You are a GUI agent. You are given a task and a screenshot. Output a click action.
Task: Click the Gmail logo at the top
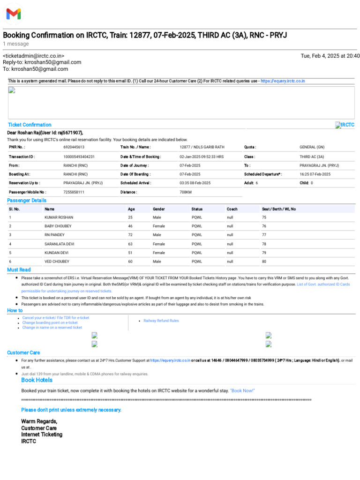click(x=13, y=14)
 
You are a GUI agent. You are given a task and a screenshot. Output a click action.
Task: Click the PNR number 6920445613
click(x=74, y=147)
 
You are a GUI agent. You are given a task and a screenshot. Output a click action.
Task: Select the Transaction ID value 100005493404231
click(x=79, y=157)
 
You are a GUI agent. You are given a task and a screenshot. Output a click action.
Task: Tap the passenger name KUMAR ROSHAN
click(x=59, y=217)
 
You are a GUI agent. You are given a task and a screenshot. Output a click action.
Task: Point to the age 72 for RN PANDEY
click(x=131, y=235)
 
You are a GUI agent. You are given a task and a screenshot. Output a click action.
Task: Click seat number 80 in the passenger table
click(x=264, y=261)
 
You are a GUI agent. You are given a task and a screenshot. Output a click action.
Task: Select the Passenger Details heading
click(x=27, y=201)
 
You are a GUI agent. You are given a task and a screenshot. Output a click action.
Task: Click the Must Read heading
click(x=19, y=270)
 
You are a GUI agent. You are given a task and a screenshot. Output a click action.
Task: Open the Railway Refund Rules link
click(x=161, y=321)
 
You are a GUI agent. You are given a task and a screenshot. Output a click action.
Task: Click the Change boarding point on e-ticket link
click(x=50, y=322)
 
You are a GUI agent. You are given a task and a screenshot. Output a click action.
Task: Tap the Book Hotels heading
click(x=37, y=380)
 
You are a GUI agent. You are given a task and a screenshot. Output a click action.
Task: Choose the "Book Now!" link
click(x=242, y=390)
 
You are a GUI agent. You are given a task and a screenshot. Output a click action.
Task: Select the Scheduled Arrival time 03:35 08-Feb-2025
click(x=195, y=183)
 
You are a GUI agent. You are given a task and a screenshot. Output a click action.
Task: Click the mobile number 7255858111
click(x=74, y=192)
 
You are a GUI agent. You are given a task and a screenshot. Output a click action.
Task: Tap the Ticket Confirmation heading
click(x=30, y=125)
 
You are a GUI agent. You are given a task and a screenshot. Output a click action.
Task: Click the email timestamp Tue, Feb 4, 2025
click(x=330, y=56)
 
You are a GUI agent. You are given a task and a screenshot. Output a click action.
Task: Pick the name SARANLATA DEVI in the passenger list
click(x=60, y=244)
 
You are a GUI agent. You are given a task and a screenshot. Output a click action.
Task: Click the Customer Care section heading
click(x=23, y=352)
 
